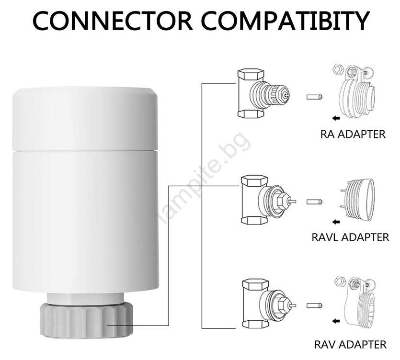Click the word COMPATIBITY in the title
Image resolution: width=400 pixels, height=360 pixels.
pos(286,21)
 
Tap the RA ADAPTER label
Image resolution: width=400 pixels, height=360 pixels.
pos(353,134)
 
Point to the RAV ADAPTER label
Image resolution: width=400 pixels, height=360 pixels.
pos(351,344)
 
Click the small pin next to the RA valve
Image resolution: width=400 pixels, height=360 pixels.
pos(314,98)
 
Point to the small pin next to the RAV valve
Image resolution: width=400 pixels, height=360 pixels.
pos(314,304)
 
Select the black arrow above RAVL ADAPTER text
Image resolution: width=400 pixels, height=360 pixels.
pos(336,221)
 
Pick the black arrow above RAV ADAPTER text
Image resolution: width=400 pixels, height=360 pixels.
pos(336,321)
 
